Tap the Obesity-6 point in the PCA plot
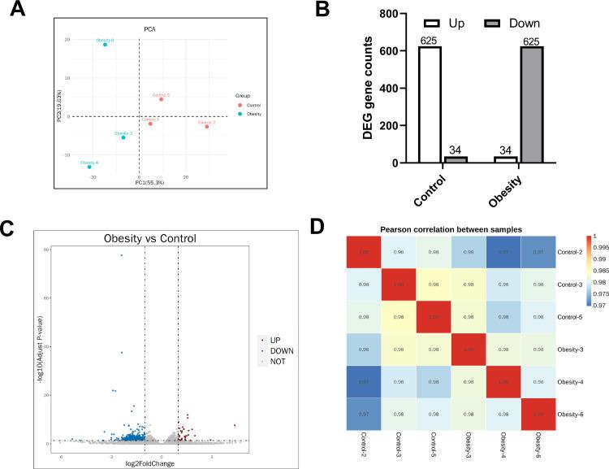tap(106, 45)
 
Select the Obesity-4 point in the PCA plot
tap(89, 167)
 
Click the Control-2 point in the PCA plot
tap(207, 127)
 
